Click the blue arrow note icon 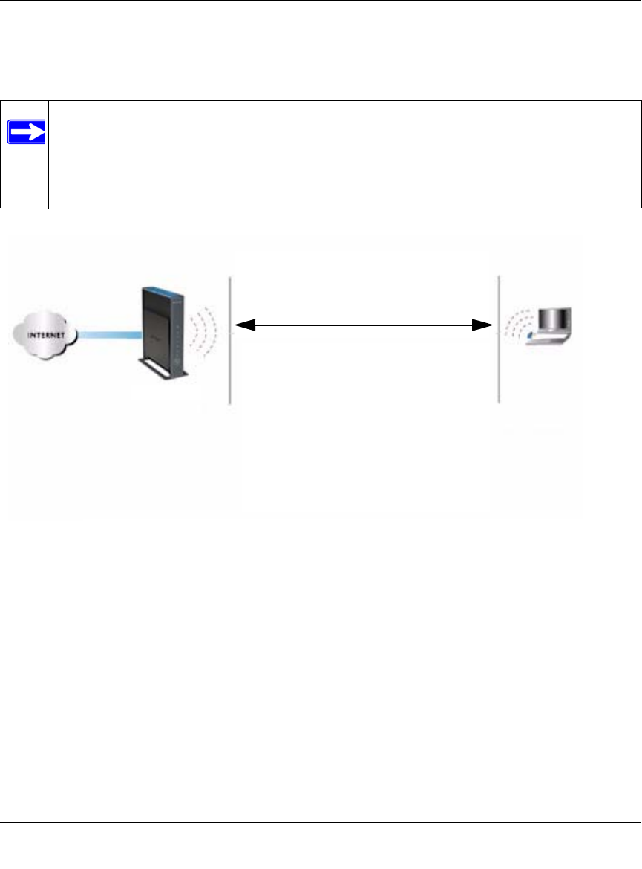click(26, 131)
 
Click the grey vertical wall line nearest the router click(230, 340)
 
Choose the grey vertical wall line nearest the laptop click(498, 340)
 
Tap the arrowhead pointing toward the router click(243, 325)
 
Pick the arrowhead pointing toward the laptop click(485, 325)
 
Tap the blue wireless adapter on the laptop click(530, 338)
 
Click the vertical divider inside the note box click(48, 154)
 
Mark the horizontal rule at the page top click(321, 1)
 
